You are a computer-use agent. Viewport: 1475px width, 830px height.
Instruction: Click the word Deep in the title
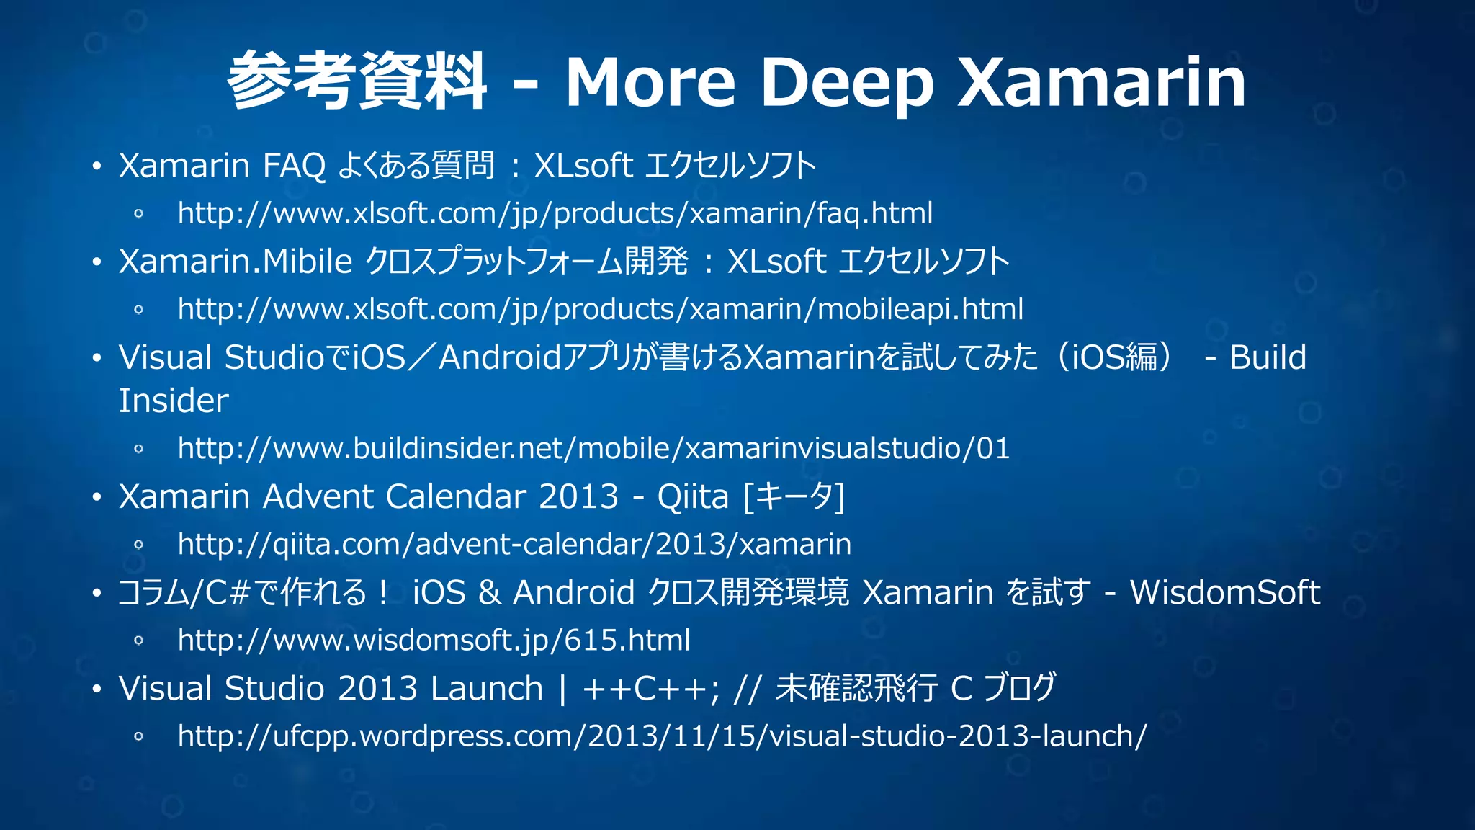pyautogui.click(x=846, y=83)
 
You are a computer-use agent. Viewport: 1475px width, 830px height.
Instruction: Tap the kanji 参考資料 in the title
pyautogui.click(x=357, y=81)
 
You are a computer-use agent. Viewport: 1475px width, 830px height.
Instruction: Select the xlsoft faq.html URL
pyautogui.click(x=555, y=213)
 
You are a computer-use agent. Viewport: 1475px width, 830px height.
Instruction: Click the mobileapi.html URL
pyautogui.click(x=600, y=309)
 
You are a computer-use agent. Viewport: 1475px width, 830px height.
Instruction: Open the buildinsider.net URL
pyautogui.click(x=593, y=448)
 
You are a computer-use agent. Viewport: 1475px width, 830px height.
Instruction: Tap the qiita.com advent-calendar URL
pyautogui.click(x=514, y=544)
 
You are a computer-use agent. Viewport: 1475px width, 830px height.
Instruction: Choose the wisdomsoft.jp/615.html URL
pyautogui.click(x=434, y=640)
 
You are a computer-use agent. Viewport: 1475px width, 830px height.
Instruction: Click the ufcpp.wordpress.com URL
pyautogui.click(x=662, y=736)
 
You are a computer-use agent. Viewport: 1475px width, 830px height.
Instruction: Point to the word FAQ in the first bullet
pyautogui.click(x=294, y=166)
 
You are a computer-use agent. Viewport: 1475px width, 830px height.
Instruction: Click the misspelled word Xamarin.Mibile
pyautogui.click(x=235, y=262)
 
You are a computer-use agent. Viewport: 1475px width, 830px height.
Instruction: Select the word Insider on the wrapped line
pyautogui.click(x=174, y=401)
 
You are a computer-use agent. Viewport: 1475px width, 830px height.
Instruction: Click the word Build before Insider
pyautogui.click(x=1268, y=357)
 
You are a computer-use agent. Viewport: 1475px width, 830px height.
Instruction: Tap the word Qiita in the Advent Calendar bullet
pyautogui.click(x=692, y=496)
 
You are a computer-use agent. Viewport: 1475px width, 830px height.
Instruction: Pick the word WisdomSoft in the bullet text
pyautogui.click(x=1224, y=592)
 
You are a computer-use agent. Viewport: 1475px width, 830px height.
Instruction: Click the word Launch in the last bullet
pyautogui.click(x=486, y=688)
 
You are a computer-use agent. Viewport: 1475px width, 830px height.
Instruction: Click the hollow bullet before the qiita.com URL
pyautogui.click(x=139, y=545)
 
